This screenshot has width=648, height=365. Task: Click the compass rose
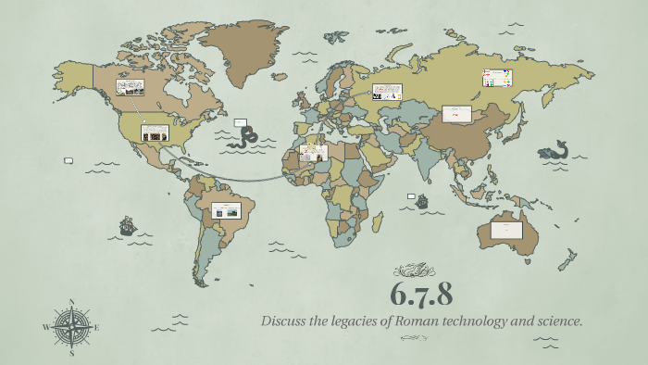[x=71, y=326]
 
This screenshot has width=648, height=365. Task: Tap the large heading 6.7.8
[x=420, y=296]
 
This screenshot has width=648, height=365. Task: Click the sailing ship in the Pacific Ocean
[x=128, y=224]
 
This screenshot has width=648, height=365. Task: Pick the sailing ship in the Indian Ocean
[x=422, y=200]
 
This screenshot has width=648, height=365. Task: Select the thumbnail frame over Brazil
[x=226, y=210]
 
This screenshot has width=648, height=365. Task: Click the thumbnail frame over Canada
[x=130, y=88]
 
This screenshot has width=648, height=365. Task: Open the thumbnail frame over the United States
[x=155, y=132]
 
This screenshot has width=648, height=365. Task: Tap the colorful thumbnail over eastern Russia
[x=496, y=78]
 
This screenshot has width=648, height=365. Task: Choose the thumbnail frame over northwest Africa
[x=313, y=152]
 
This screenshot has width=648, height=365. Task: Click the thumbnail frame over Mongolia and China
[x=456, y=113]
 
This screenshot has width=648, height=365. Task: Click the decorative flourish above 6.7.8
[x=414, y=271]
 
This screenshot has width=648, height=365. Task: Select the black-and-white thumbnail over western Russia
[x=387, y=92]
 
